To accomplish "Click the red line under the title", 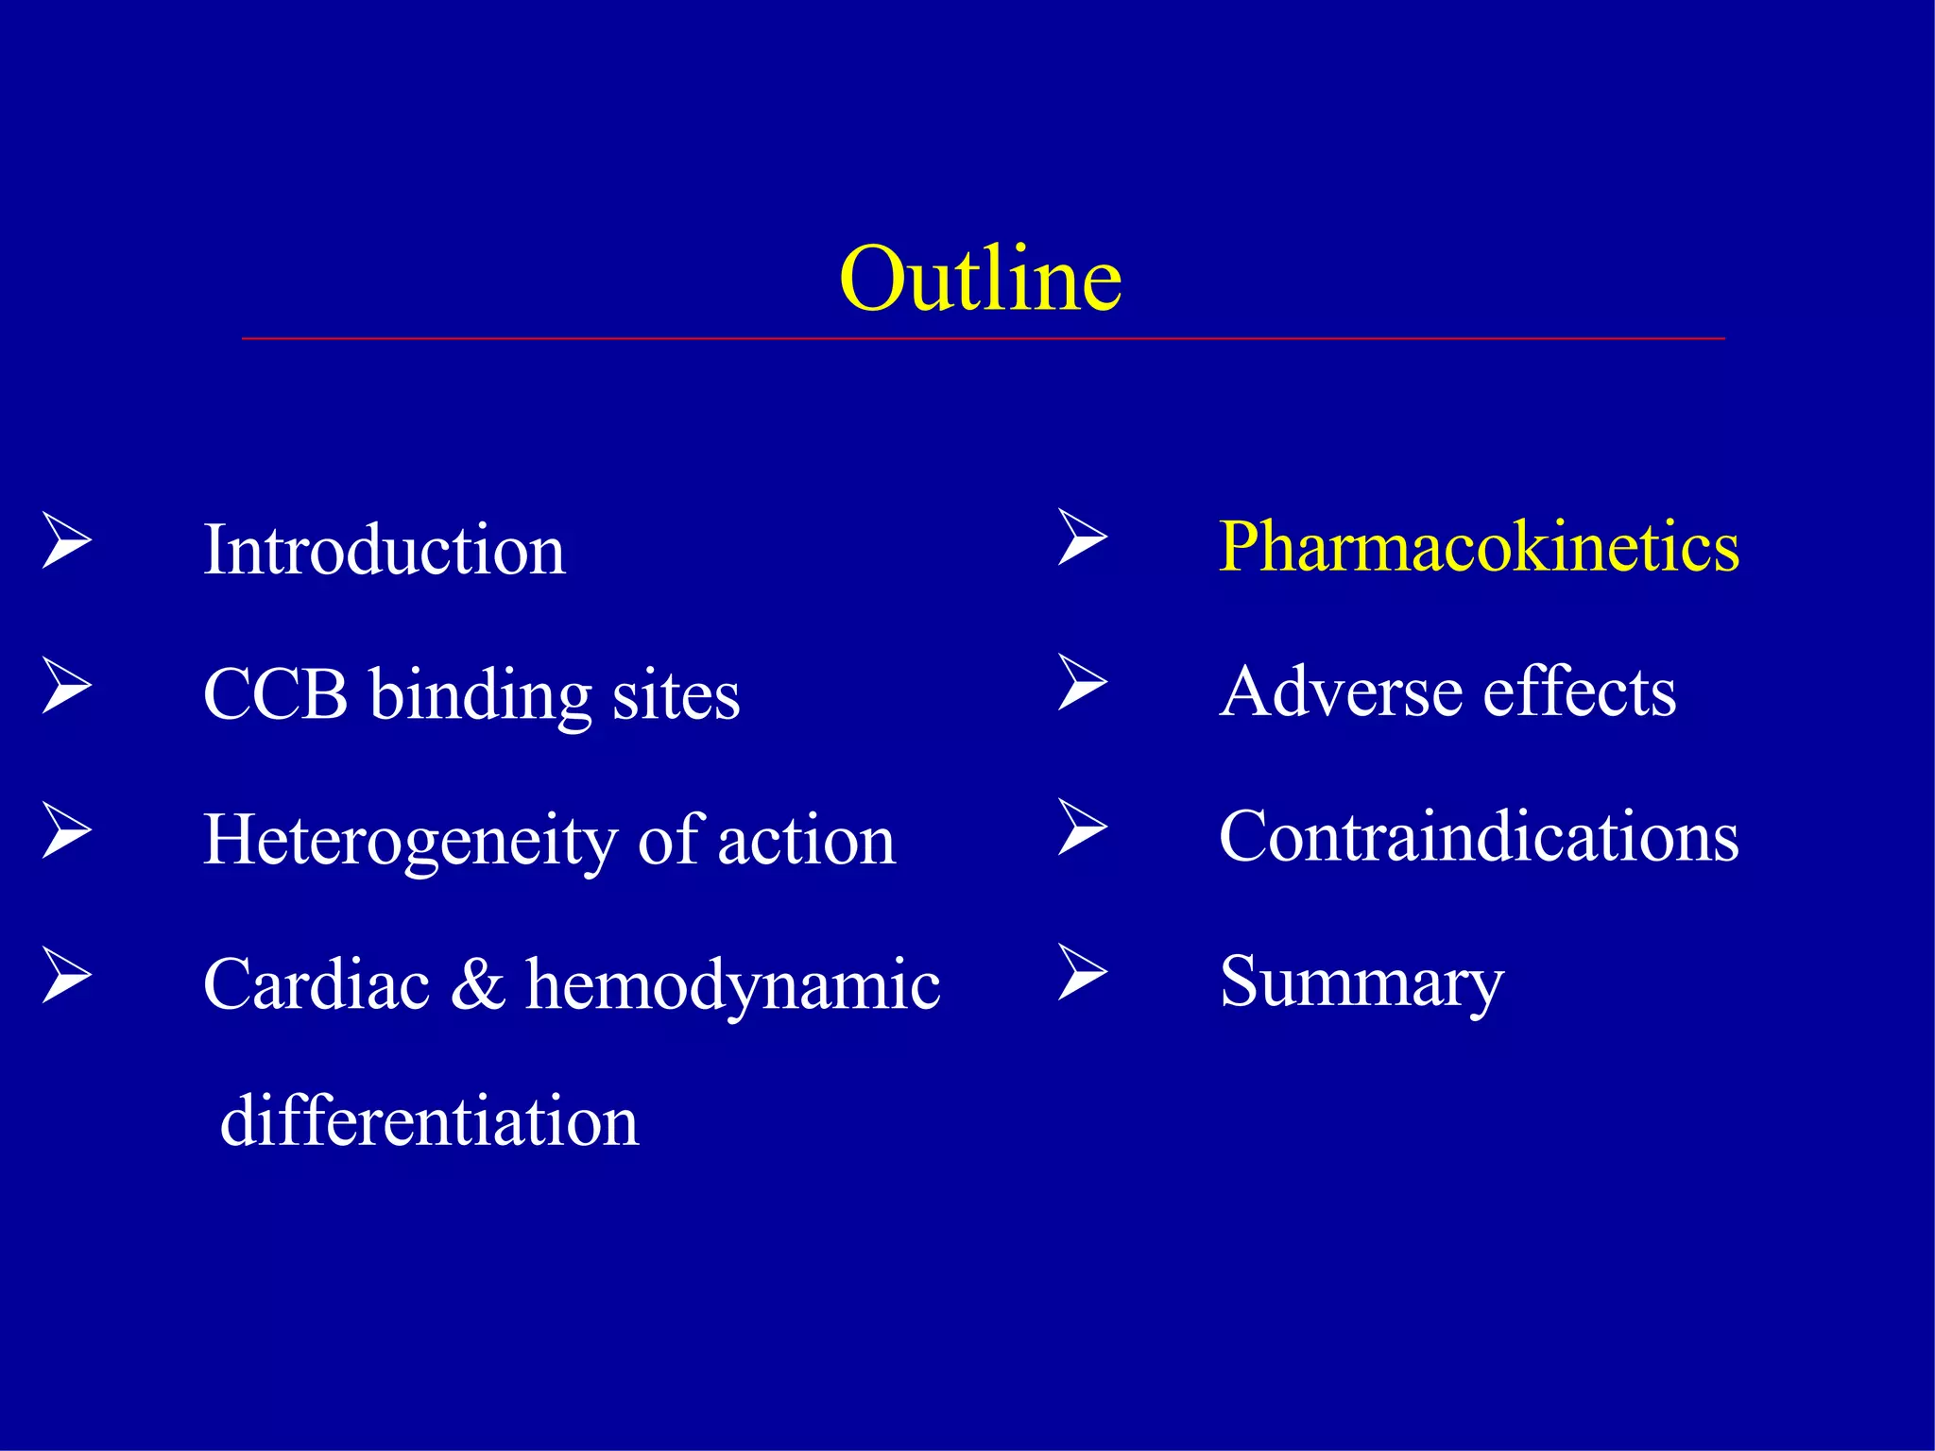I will tap(983, 337).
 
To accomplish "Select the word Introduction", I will tap(384, 550).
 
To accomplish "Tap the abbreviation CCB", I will tap(275, 694).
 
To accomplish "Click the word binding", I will tap(480, 696).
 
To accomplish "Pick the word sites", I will tap(676, 696).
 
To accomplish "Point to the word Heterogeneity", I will tap(410, 841).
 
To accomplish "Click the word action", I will tap(806, 841).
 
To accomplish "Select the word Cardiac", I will tap(317, 985).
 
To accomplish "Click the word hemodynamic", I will tap(732, 985).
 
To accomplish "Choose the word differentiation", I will tap(429, 1121).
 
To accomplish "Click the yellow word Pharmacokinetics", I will tap(1479, 547).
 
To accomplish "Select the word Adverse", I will tap(1340, 691).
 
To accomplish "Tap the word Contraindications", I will tap(1479, 837).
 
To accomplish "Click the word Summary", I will tap(1361, 983).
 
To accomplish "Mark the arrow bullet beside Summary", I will tap(1082, 972).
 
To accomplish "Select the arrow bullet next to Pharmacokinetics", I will tap(1082, 538).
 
